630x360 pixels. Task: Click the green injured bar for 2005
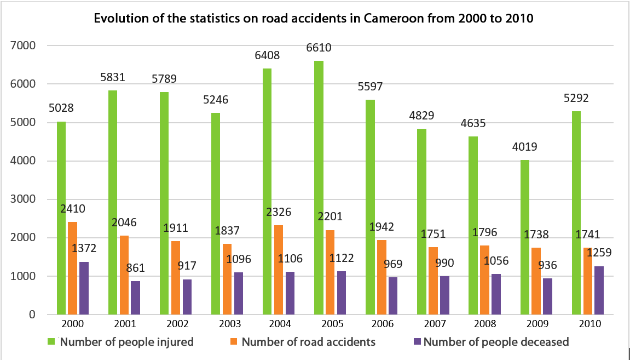click(319, 187)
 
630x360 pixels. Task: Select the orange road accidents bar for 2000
click(72, 268)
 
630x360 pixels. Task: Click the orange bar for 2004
click(279, 270)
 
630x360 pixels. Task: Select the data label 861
click(137, 268)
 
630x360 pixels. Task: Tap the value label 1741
click(588, 235)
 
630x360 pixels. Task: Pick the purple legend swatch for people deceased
click(417, 342)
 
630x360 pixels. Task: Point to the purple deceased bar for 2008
click(496, 294)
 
